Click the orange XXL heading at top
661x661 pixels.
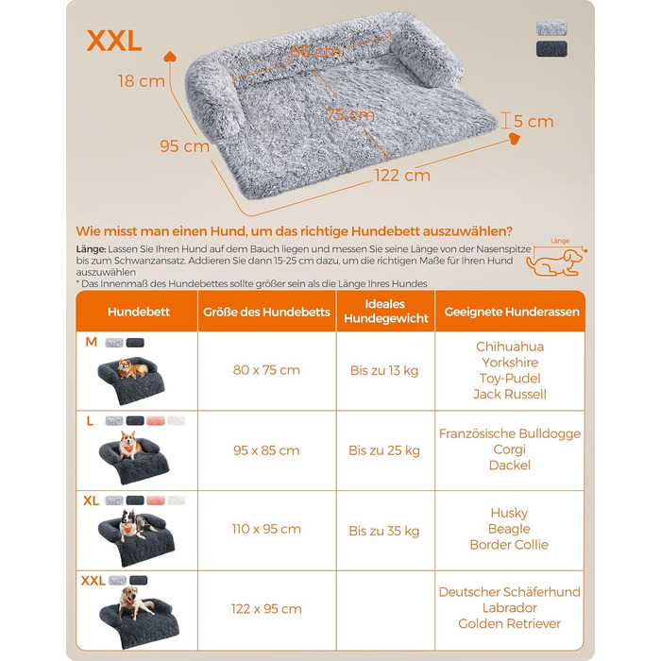point(113,41)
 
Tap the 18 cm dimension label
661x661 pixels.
point(139,81)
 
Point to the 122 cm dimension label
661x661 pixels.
point(403,176)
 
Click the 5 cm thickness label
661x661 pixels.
point(534,121)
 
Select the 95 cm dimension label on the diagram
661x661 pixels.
point(184,146)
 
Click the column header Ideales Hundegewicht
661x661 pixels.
point(384,311)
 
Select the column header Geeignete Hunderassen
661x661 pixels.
point(509,311)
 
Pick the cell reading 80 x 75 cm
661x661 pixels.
point(266,370)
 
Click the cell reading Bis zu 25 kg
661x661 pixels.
point(384,450)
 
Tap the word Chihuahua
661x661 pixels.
point(509,347)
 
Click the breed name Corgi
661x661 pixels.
point(509,449)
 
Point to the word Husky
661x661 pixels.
point(509,514)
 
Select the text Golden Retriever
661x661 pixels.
point(509,623)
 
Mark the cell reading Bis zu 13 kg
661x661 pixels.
point(384,370)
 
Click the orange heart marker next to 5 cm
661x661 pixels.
point(515,139)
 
